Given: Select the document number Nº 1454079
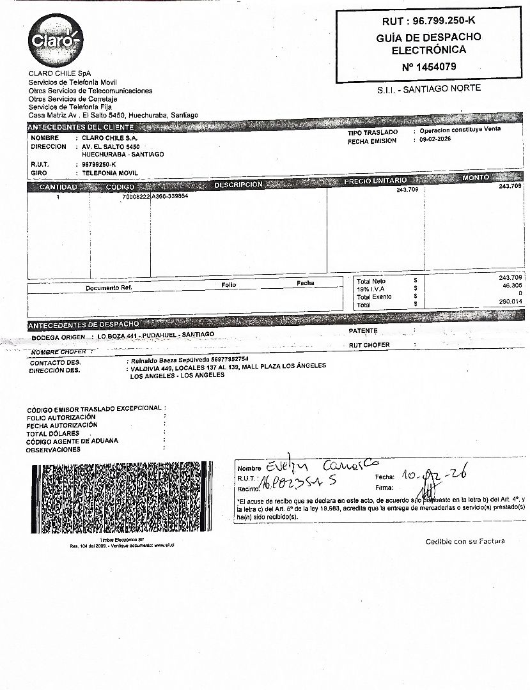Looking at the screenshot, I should [428, 66].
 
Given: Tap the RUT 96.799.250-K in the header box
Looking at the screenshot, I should [429, 22].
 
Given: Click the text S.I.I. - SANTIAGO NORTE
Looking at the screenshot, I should [429, 89].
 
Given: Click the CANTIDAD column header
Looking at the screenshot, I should [58, 187].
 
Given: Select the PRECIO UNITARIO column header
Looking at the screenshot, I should [375, 181].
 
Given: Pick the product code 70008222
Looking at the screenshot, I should [136, 197].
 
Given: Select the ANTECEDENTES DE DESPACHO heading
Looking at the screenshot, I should [83, 324].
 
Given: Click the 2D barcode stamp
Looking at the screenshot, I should [121, 498].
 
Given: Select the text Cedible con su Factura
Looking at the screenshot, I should [465, 541].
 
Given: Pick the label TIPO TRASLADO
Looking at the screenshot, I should [372, 132].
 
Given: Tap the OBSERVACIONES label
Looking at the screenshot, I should [53, 450].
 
